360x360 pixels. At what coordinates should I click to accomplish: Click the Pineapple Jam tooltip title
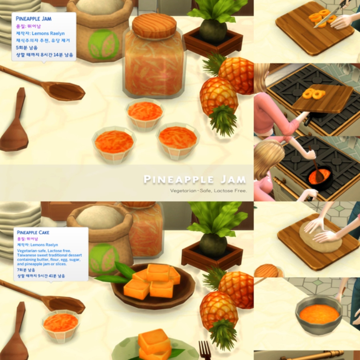[34, 19]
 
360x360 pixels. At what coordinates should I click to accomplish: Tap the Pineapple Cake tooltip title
[33, 232]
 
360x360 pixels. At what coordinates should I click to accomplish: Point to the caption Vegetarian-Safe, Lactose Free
[208, 191]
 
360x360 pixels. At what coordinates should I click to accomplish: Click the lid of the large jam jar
[154, 26]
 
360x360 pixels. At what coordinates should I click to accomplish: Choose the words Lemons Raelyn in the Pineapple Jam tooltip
[48, 34]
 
